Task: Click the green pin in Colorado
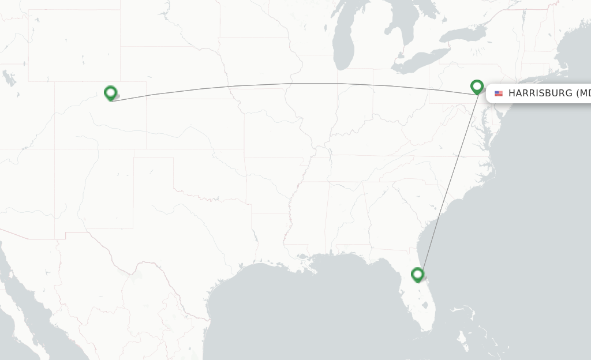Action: click(x=110, y=92)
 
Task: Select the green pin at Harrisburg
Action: click(x=477, y=87)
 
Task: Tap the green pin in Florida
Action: click(x=417, y=275)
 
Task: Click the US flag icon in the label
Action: click(x=499, y=93)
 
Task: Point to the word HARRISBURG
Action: click(x=540, y=93)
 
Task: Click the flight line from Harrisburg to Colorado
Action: click(x=289, y=84)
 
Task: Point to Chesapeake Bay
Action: click(x=488, y=124)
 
